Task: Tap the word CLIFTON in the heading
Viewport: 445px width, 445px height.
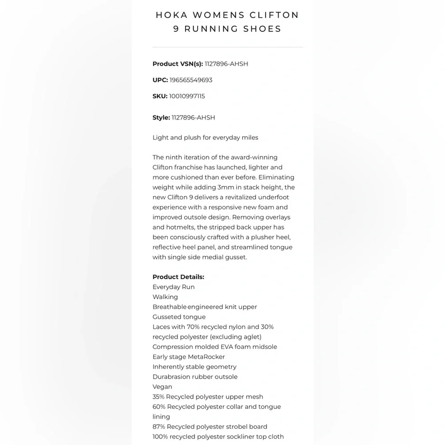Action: coord(275,15)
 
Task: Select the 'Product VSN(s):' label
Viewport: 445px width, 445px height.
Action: coord(178,64)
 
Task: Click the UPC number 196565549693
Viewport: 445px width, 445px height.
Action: coord(191,80)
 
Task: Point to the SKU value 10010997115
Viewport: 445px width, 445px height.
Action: coord(187,96)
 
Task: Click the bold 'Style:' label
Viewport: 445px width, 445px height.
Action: coord(161,117)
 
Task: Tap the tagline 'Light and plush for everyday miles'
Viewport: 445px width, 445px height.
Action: coord(205,138)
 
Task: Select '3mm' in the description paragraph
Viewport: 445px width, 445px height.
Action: coord(226,187)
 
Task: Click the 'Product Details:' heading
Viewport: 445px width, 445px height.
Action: coord(178,277)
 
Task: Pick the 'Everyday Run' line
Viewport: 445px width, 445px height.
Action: coord(174,287)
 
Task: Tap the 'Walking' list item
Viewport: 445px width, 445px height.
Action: coord(165,297)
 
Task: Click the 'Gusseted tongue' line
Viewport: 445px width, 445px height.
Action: coord(179,317)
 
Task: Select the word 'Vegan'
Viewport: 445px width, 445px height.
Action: coord(162,387)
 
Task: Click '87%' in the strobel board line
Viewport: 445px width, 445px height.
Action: coord(159,427)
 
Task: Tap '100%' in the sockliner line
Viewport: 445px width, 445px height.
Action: coord(160,437)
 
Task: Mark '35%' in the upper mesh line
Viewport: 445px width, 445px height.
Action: coord(158,397)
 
